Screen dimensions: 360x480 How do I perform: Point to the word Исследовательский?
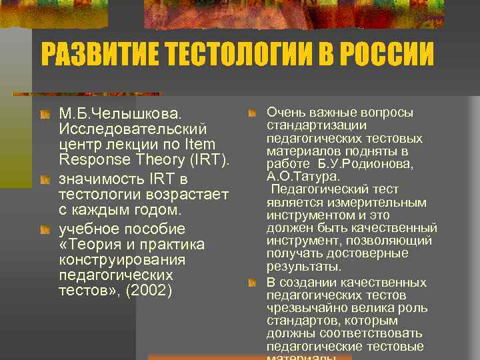click(133, 128)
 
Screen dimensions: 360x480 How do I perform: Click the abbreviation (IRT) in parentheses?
click(209, 160)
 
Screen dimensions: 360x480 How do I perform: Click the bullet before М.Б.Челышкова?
click(44, 113)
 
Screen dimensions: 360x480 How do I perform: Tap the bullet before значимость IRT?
click(44, 181)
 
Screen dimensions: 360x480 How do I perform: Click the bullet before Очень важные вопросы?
click(252, 114)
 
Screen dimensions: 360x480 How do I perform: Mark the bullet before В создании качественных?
click(252, 283)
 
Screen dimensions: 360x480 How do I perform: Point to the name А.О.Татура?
click(304, 177)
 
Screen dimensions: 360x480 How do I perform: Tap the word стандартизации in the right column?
click(317, 125)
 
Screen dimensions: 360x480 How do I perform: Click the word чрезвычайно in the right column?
click(304, 308)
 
